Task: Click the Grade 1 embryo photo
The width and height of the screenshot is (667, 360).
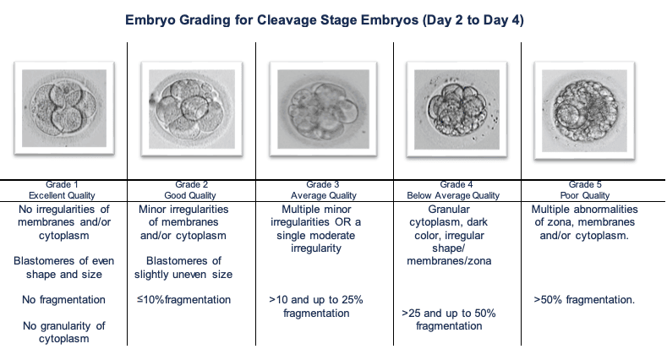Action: click(64, 108)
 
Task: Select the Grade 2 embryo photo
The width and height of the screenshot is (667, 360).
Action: click(192, 109)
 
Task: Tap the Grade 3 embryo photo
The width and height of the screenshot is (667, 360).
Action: click(323, 109)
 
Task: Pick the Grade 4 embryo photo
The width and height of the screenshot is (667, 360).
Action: click(457, 109)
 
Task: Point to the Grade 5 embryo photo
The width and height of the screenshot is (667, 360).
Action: click(584, 111)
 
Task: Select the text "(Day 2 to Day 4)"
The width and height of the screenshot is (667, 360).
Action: click(473, 20)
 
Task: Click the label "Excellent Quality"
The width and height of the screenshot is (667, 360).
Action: click(62, 195)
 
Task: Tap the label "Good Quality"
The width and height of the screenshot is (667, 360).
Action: click(190, 195)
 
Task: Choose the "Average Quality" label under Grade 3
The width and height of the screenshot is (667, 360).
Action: click(323, 195)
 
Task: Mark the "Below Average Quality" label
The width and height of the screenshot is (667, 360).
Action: click(453, 195)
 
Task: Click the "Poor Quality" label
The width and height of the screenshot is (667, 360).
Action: click(585, 195)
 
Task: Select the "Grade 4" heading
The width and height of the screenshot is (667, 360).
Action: click(457, 184)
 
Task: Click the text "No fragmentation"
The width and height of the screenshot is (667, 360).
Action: click(63, 300)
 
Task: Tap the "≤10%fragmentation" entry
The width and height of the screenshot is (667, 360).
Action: click(183, 300)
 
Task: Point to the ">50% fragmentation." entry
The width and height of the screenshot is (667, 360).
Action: click(584, 300)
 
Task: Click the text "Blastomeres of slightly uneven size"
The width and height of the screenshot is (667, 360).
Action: click(183, 267)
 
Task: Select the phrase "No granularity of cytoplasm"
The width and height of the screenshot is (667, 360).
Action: click(63, 332)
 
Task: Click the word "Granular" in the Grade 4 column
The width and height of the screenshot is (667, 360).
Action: click(449, 209)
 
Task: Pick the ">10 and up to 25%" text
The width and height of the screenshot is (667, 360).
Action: click(316, 300)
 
